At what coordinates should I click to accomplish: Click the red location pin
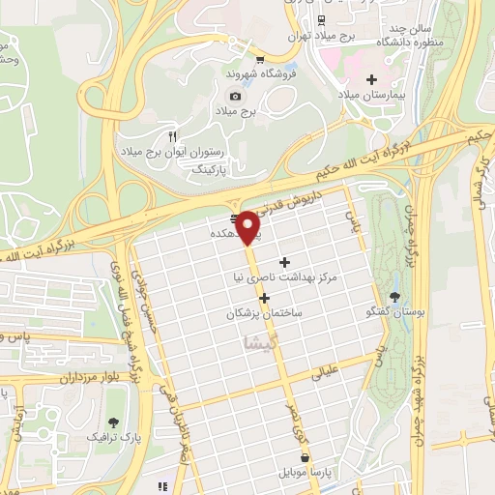pyautogui.click(x=248, y=225)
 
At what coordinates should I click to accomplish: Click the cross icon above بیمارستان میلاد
pyautogui.click(x=371, y=78)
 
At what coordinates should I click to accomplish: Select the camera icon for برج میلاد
pyautogui.click(x=235, y=96)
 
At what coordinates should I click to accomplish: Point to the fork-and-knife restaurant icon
pyautogui.click(x=173, y=136)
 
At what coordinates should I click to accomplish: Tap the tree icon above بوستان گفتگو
pyautogui.click(x=394, y=296)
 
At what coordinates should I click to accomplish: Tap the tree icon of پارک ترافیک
pyautogui.click(x=114, y=422)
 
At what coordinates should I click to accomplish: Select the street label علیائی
pyautogui.click(x=322, y=370)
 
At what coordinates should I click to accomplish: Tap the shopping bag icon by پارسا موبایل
pyautogui.click(x=306, y=457)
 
